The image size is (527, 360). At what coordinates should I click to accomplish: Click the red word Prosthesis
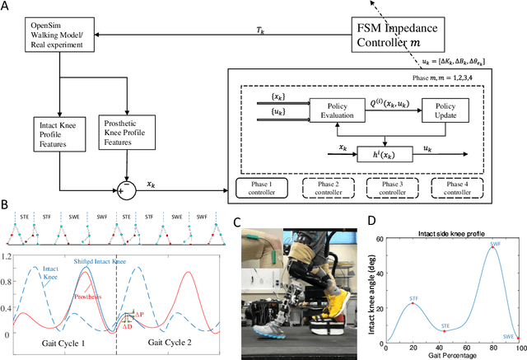91,296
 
